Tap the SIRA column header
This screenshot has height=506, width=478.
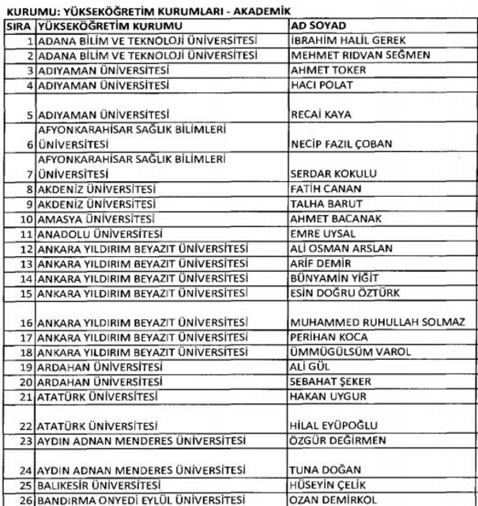[x=17, y=25]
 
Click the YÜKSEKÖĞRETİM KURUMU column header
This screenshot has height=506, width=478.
[x=103, y=25]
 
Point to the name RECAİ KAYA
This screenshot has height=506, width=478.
[x=321, y=114]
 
